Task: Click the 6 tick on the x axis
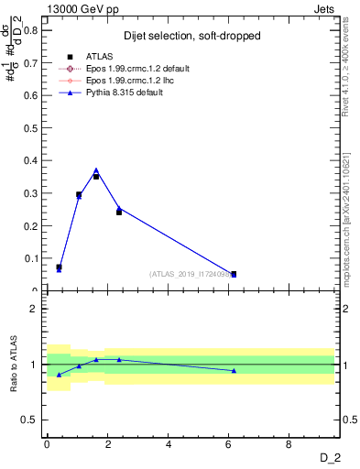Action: [x=229, y=444]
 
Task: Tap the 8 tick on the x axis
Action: [x=289, y=444]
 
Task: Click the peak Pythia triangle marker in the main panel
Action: [x=96, y=170]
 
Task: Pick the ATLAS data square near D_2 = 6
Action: [x=234, y=274]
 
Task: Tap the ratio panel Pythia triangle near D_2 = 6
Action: [x=234, y=370]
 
